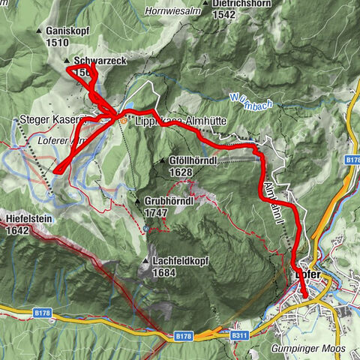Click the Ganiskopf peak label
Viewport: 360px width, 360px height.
[x=67, y=31]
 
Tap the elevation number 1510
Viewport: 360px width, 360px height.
[x=56, y=43]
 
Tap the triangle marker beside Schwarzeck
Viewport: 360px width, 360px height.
[x=67, y=61]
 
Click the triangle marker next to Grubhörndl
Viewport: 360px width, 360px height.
[x=139, y=202]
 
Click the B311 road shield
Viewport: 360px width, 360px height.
[x=239, y=335]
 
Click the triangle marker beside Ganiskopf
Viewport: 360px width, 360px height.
[x=39, y=31]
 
